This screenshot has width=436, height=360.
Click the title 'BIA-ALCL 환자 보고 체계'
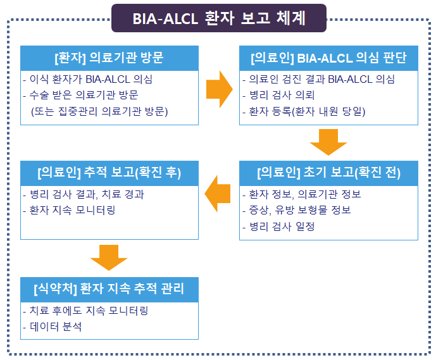coord(219,18)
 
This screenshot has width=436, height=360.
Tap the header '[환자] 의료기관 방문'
coord(109,58)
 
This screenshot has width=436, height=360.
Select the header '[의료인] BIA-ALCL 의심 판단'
coord(328,58)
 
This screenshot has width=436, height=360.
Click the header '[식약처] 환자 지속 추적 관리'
coord(109,290)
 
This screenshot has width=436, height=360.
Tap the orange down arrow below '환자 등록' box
coord(328,142)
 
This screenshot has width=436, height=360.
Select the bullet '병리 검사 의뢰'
coord(277,96)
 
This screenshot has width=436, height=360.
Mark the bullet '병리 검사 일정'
coord(282,226)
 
